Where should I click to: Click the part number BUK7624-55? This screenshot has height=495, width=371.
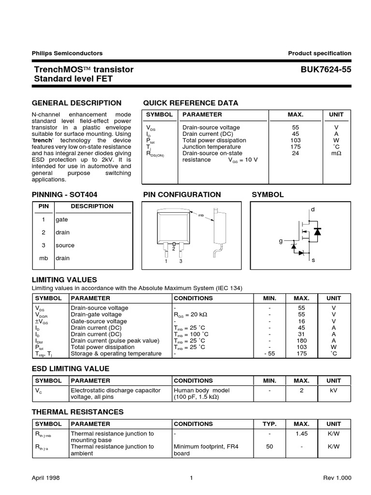click(x=326, y=70)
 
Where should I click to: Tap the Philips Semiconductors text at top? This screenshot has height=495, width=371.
click(x=67, y=53)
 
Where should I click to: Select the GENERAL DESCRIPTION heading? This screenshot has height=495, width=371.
click(x=76, y=102)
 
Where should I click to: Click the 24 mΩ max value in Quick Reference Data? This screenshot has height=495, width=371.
click(x=296, y=153)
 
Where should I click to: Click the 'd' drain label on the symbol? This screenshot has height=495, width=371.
click(x=312, y=209)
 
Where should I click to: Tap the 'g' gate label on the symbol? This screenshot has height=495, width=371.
click(x=280, y=241)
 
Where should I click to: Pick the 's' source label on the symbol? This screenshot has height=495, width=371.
click(x=313, y=260)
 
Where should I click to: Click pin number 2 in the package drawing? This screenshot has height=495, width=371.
click(x=173, y=249)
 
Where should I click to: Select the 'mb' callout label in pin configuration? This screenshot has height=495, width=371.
click(x=201, y=215)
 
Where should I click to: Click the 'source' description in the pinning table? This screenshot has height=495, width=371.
click(x=65, y=245)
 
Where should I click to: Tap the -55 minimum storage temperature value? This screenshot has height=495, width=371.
click(x=270, y=353)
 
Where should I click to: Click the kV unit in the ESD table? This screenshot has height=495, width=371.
click(x=333, y=391)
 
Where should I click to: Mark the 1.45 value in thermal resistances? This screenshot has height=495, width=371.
click(x=302, y=434)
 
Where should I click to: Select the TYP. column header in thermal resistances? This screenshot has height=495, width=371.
click(x=269, y=424)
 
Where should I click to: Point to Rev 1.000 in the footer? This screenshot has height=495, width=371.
click(x=337, y=478)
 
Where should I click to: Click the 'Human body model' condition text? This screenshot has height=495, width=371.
click(x=201, y=391)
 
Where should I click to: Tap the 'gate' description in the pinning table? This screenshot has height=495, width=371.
click(x=62, y=219)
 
